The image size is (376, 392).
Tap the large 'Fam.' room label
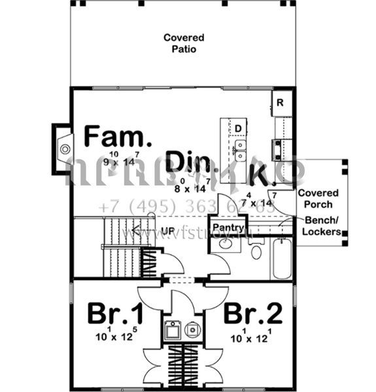click(x=118, y=137)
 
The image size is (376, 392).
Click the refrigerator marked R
click(x=280, y=103)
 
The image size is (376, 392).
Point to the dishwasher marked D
click(x=239, y=128)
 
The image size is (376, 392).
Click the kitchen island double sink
click(x=241, y=150)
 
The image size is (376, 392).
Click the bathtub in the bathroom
click(x=282, y=259)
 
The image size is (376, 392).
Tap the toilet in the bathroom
click(x=256, y=251)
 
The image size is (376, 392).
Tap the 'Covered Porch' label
click(x=318, y=198)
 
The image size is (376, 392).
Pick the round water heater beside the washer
click(x=192, y=330)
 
